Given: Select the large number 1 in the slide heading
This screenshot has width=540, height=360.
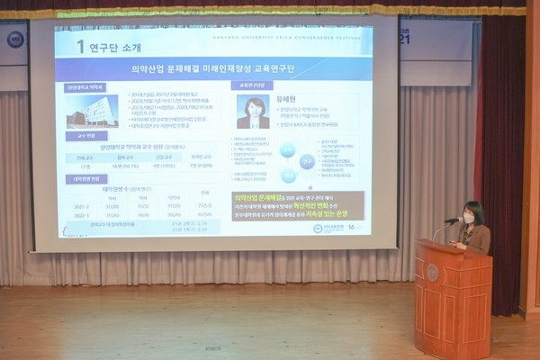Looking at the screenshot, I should (x=80, y=46).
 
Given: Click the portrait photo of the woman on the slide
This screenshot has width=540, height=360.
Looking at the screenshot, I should (x=253, y=112).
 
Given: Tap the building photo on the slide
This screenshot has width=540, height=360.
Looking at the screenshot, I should (x=91, y=111).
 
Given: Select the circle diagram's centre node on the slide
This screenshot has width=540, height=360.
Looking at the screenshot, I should (x=307, y=163).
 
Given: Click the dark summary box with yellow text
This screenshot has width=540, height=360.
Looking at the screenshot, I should (x=298, y=206).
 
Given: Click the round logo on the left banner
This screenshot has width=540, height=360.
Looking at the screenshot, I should (x=15, y=39).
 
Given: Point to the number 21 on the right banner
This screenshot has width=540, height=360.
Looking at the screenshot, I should (x=403, y=38).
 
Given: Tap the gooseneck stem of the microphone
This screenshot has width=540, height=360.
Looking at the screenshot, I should (x=438, y=231).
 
